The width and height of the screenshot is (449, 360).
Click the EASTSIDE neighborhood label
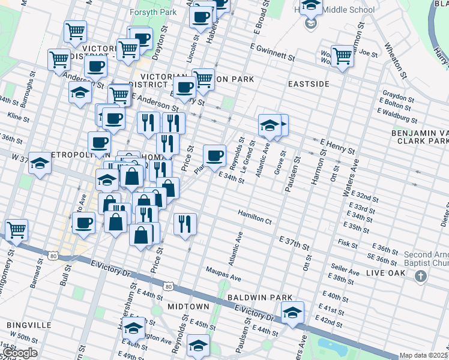tap(309, 84)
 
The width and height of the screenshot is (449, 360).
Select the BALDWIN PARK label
tap(259, 298)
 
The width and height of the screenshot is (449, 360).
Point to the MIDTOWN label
tap(188, 307)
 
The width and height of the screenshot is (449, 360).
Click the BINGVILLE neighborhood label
tap(29, 325)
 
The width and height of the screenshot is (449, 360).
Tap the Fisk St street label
tap(348, 243)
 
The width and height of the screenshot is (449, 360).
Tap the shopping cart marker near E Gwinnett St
tap(342, 56)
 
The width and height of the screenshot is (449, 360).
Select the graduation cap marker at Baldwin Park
tap(292, 313)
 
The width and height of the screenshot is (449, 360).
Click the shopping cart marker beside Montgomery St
tap(16, 229)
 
